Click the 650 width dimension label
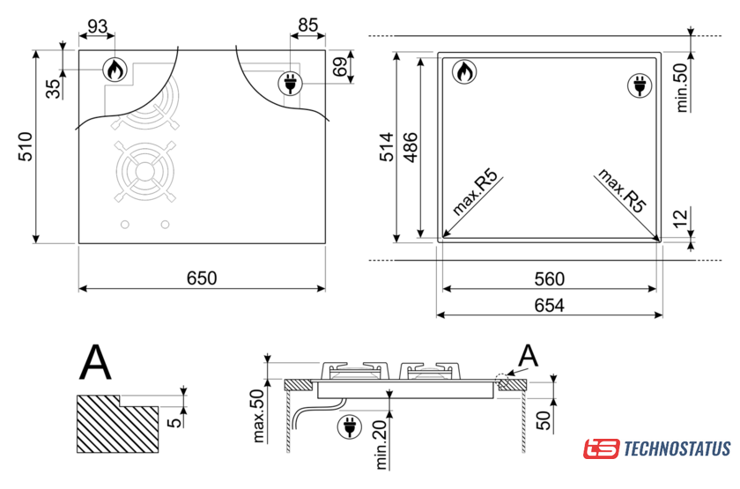[202, 278]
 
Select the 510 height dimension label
[26, 147]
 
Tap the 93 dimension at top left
[97, 26]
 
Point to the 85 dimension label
[308, 25]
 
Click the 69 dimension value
[340, 67]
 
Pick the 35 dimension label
[54, 89]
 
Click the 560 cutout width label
[550, 279]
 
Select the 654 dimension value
[550, 306]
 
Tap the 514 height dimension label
[387, 147]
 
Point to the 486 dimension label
[411, 148]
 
